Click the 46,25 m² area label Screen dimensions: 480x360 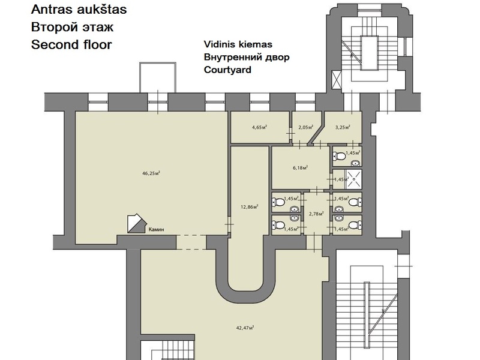pyautogui.click(x=151, y=173)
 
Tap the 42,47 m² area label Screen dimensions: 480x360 pyautogui.click(x=245, y=328)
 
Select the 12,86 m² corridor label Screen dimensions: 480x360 pyautogui.click(x=250, y=207)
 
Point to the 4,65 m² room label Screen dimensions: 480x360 pyautogui.click(x=260, y=127)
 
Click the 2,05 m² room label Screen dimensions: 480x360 pyautogui.click(x=306, y=127)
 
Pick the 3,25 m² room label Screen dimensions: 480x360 pyautogui.click(x=343, y=127)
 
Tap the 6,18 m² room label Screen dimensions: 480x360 pyautogui.click(x=301, y=168)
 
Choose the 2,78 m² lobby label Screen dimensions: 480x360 pyautogui.click(x=317, y=214)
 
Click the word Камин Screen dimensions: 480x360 pyautogui.click(x=156, y=229)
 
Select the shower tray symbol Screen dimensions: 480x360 pyautogui.click(x=353, y=179)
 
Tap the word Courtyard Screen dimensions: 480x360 pyautogui.click(x=227, y=70)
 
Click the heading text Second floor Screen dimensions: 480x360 pyautogui.click(x=71, y=44)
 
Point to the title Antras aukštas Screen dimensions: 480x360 pyautogui.click(x=79, y=10)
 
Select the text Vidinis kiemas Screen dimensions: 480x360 pyautogui.click(x=238, y=44)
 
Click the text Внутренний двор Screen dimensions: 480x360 pyautogui.click(x=247, y=57)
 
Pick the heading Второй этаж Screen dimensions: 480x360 pyautogui.click(x=72, y=27)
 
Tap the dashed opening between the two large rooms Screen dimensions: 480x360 pyautogui.click(x=191, y=242)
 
